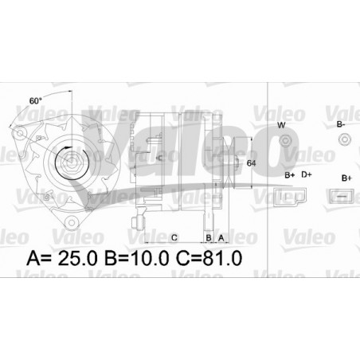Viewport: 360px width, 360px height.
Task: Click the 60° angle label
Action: [x=35, y=101]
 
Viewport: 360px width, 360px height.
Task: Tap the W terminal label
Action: [x=280, y=126]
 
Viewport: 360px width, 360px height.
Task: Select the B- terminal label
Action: [x=341, y=125]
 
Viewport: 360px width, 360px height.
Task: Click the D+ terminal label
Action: [x=306, y=173]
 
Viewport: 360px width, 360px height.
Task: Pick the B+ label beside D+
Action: [x=289, y=173]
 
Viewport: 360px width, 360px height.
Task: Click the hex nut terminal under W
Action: [x=284, y=142]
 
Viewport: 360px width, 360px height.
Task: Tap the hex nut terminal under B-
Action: [x=344, y=141]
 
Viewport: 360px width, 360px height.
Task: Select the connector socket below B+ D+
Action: [x=289, y=194]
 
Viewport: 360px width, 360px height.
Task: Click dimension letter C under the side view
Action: [x=173, y=237]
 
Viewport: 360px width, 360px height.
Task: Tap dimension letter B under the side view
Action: [x=209, y=237]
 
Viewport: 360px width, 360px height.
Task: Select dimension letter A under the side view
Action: [x=221, y=237]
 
